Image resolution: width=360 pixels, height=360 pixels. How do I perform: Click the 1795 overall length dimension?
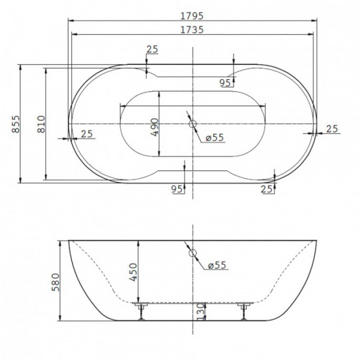pyautogui.click(x=192, y=16)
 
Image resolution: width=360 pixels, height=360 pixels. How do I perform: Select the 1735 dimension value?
pyautogui.click(x=192, y=29)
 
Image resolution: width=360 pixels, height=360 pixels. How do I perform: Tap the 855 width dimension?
pyautogui.click(x=16, y=124)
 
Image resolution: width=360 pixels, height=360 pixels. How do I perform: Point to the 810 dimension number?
pyautogui.click(x=41, y=124)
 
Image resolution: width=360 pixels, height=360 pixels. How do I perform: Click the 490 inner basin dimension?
pyautogui.click(x=154, y=127)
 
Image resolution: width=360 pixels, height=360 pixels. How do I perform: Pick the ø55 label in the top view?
pyautogui.click(x=214, y=137)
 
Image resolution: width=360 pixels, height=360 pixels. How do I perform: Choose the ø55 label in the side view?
pyautogui.click(x=217, y=265)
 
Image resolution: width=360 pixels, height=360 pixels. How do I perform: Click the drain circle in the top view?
pyautogui.click(x=193, y=124)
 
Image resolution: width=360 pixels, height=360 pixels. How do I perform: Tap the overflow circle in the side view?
pyautogui.click(x=193, y=253)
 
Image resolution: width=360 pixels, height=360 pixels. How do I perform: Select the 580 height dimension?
pyautogui.click(x=56, y=282)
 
